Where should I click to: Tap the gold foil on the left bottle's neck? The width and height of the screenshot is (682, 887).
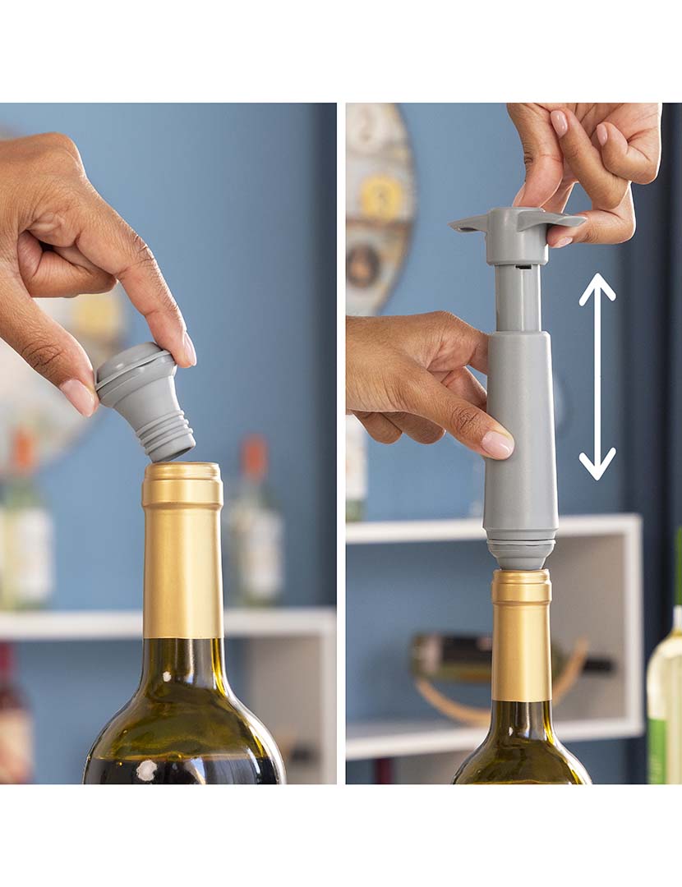[182, 558]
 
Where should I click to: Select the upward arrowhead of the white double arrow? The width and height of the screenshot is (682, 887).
[597, 287]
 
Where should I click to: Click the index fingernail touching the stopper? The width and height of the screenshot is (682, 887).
[189, 349]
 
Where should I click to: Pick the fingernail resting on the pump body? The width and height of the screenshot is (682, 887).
[497, 443]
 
